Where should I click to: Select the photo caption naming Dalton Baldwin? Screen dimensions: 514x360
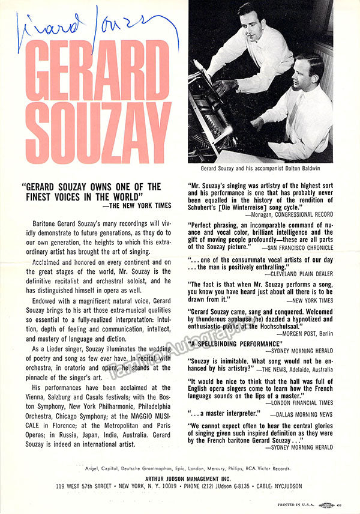point(260,169)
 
